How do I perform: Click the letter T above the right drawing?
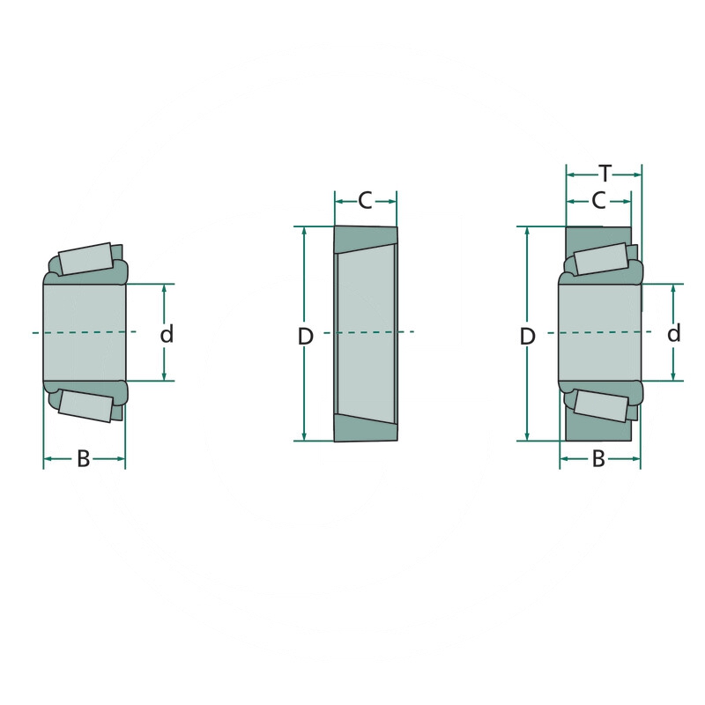click(605, 174)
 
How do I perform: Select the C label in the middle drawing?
click(365, 201)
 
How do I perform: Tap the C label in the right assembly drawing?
click(598, 201)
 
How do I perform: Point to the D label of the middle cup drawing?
click(305, 337)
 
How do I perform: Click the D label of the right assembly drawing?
click(527, 337)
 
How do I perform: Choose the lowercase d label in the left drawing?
click(167, 334)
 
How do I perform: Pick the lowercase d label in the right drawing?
click(673, 334)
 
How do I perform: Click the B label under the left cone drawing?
click(84, 459)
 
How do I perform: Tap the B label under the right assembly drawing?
click(598, 459)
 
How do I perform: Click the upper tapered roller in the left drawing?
click(85, 259)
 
